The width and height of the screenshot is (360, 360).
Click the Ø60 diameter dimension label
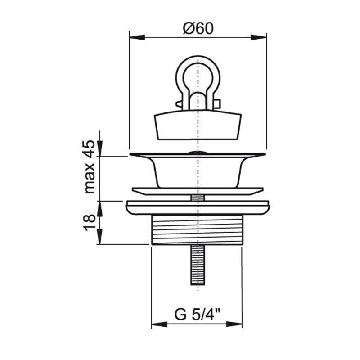(198, 29)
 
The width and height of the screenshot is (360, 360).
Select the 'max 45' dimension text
(89, 167)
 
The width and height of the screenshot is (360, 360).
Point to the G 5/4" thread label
(198, 314)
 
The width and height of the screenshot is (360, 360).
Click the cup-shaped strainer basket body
(198, 171)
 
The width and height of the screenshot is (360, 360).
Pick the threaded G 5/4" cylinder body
(197, 230)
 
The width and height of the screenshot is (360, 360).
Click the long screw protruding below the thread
(198, 265)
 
